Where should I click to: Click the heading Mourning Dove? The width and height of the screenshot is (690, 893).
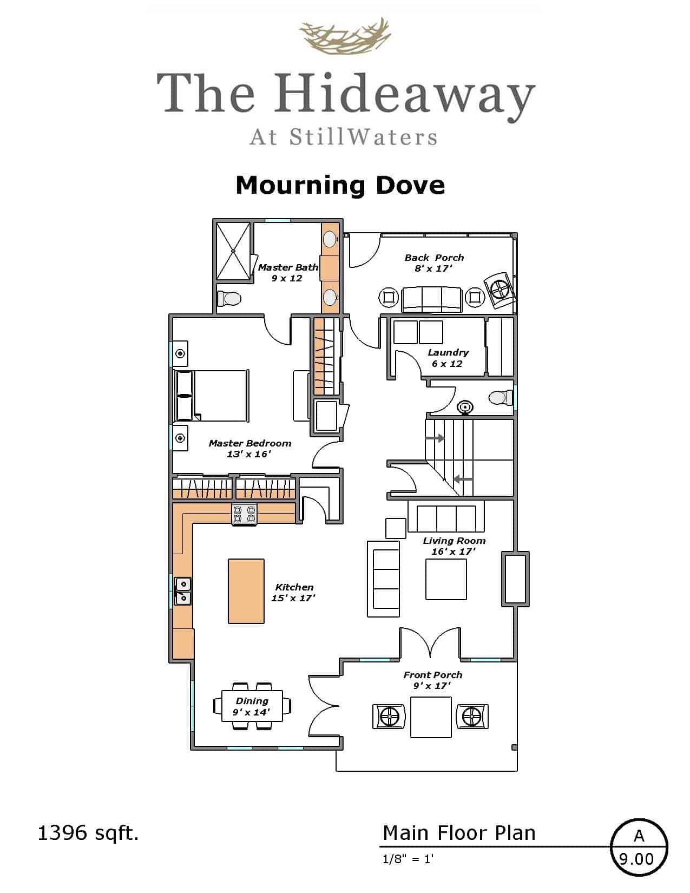(x=340, y=185)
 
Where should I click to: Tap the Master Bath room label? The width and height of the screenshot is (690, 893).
(x=288, y=272)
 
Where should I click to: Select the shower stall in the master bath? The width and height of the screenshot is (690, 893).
(x=233, y=251)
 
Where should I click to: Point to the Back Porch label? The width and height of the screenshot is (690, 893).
(x=434, y=263)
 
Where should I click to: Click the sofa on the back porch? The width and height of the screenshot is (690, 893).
(x=431, y=300)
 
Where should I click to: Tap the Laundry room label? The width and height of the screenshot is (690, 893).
(x=448, y=358)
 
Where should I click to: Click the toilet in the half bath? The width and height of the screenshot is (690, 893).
(x=501, y=397)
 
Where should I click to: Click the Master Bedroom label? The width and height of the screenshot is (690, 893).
(x=250, y=448)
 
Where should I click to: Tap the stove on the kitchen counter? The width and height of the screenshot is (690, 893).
(x=244, y=515)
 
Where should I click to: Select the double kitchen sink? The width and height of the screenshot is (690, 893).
(x=183, y=591)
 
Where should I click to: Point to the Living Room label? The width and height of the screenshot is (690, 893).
(x=454, y=546)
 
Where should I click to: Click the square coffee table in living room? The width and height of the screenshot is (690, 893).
(x=446, y=579)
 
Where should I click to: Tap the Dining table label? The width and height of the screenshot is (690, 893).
(x=252, y=706)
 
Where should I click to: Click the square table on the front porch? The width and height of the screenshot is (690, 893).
(x=431, y=717)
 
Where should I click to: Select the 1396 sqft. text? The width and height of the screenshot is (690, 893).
(x=88, y=834)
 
